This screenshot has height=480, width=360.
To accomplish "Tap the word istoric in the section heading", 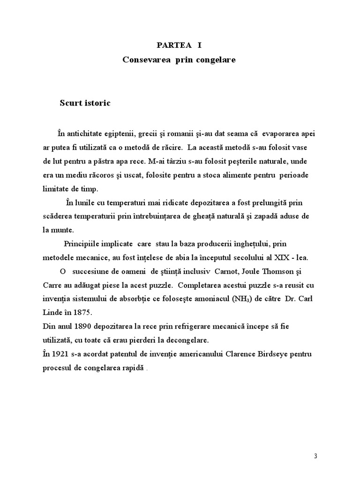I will click(x=96, y=103).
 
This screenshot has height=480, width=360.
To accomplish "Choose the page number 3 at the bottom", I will click(x=315, y=456).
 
